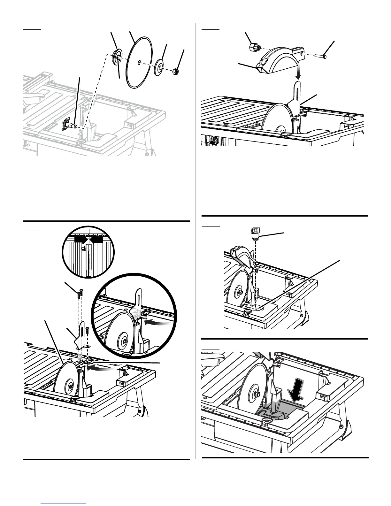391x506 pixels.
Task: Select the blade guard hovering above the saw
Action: click(278, 59)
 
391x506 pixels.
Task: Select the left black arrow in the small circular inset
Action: click(80, 239)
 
